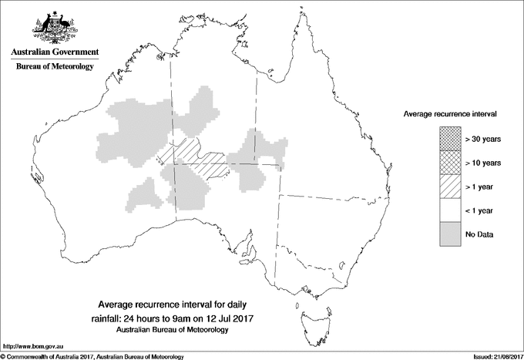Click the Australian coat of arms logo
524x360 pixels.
point(53,28)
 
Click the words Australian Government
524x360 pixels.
point(54,52)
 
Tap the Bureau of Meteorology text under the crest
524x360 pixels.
point(54,67)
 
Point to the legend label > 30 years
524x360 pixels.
point(483,140)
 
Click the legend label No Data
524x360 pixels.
point(479,234)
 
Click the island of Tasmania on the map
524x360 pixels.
point(311,314)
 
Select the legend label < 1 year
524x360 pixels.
point(482,210)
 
